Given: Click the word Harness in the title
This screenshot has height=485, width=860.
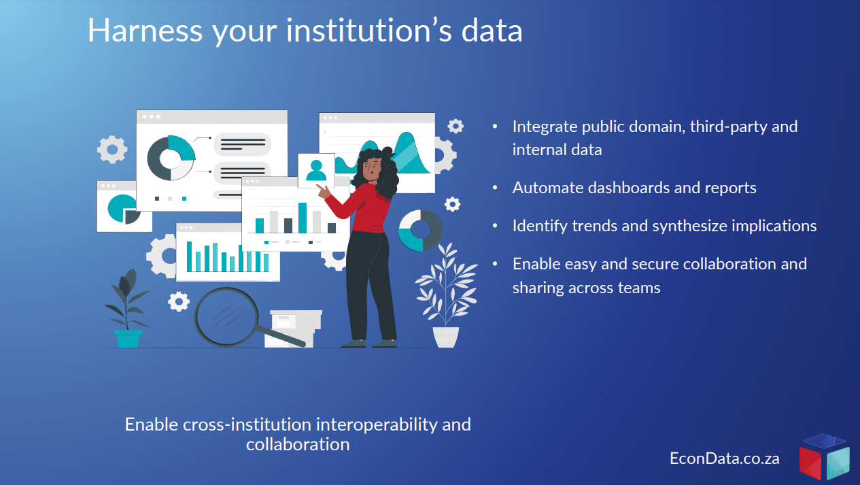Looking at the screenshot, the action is tap(145, 31).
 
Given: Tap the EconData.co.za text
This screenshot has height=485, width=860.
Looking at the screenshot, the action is tap(725, 458).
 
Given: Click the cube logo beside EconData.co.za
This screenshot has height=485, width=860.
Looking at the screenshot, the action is tap(824, 457).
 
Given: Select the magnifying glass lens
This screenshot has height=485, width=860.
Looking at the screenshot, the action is tap(226, 317).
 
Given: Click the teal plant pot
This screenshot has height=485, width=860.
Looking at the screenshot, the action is tap(128, 339).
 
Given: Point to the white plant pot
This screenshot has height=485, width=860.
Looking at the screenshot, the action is tap(446, 337).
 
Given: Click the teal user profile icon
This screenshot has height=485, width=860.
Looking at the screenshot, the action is tap(316, 171).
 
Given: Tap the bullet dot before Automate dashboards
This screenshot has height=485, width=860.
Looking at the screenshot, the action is tap(495, 188).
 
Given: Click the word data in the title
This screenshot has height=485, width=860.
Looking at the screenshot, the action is tap(492, 31).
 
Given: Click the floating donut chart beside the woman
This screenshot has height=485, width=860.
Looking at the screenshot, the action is tap(420, 231).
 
